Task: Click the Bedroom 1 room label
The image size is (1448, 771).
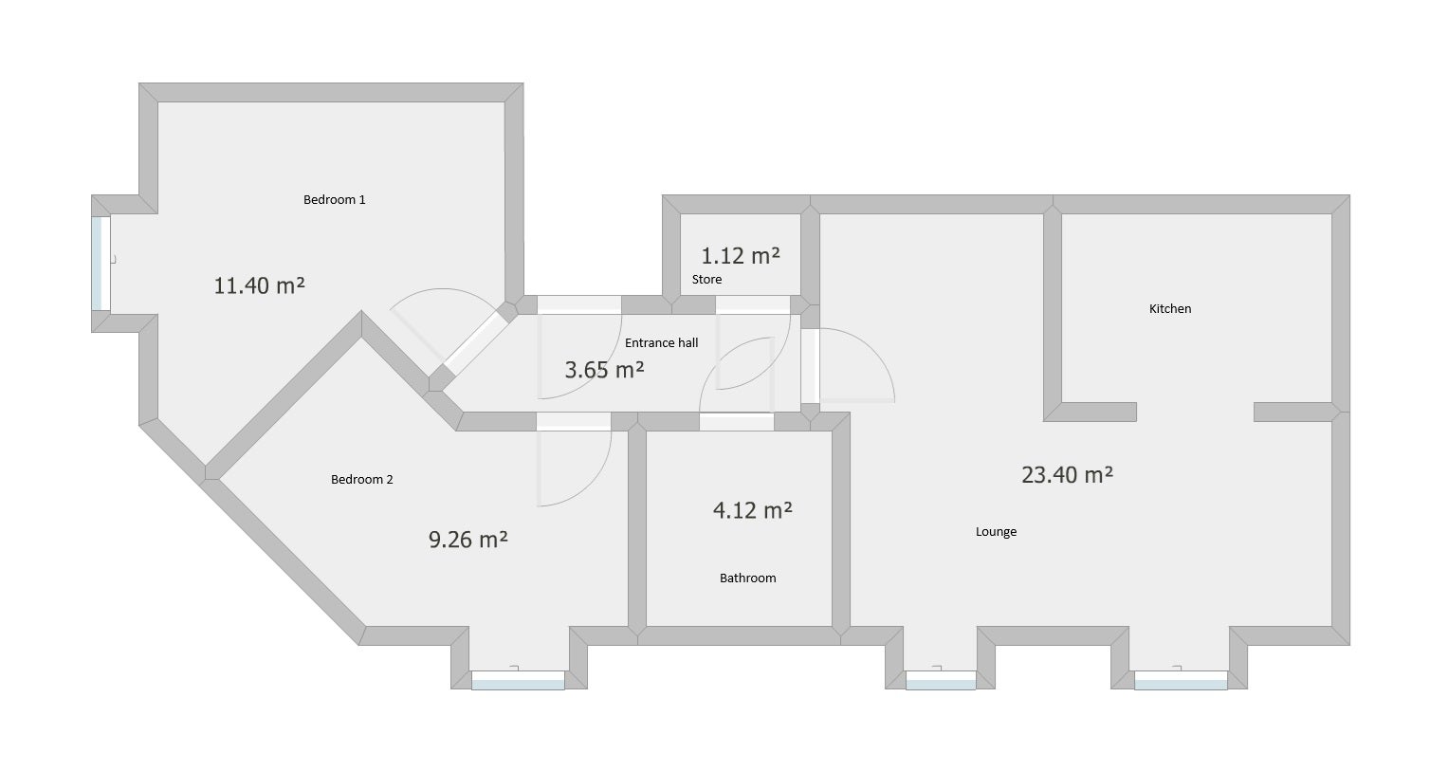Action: [334, 199]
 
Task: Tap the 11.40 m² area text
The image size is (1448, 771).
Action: [259, 285]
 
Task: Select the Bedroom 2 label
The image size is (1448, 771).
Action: [361, 479]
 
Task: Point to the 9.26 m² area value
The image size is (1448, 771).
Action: [467, 540]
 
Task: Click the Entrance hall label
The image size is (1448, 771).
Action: [661, 342]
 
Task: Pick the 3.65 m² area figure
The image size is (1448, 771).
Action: [604, 370]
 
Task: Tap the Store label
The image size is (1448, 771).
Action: [706, 279]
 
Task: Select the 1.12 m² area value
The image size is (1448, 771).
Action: [740, 256]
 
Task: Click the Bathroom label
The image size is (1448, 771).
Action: [747, 578]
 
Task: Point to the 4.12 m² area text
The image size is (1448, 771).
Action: [752, 510]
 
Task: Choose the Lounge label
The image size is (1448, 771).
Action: [996, 531]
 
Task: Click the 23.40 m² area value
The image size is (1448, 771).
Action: [1067, 474]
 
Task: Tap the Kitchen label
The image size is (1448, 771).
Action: [1169, 308]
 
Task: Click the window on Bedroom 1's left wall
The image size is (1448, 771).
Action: [100, 264]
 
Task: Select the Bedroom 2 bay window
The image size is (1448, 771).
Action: [518, 679]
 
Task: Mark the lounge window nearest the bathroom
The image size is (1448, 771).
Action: [940, 679]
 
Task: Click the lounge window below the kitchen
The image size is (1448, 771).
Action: [1180, 679]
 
